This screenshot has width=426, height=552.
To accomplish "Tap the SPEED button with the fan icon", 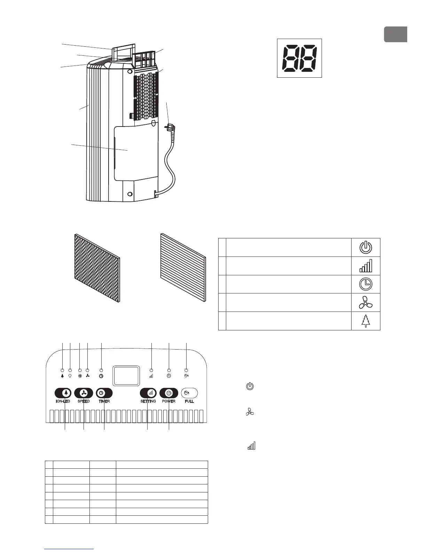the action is click(x=84, y=393).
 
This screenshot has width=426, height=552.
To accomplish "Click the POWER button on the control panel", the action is click(x=169, y=393).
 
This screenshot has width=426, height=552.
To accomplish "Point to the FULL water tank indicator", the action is click(x=189, y=393).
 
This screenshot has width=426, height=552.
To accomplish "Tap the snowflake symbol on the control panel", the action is click(x=80, y=376).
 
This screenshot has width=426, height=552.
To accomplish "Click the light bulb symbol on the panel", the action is click(x=70, y=376).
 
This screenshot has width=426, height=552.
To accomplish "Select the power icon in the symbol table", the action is click(x=365, y=248).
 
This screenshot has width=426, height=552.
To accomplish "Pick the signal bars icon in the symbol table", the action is click(x=365, y=266).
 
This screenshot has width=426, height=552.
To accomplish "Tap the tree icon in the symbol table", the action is click(x=365, y=321).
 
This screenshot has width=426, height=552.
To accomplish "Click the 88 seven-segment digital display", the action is click(x=299, y=58).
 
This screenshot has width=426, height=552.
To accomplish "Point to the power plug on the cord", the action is click(x=171, y=128).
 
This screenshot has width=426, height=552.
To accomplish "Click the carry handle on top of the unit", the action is click(x=123, y=49).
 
